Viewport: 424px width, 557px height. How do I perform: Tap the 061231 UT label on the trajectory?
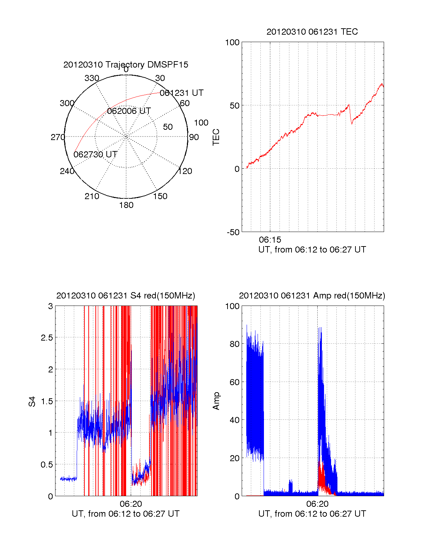click(x=182, y=93)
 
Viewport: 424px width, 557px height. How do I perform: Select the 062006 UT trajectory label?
click(x=129, y=111)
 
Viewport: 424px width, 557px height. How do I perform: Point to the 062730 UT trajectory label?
click(x=95, y=155)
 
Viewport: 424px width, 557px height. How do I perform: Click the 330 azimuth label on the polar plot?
click(x=92, y=78)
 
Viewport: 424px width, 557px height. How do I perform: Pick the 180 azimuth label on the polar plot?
click(x=126, y=205)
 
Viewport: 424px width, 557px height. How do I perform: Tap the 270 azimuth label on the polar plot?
click(x=58, y=137)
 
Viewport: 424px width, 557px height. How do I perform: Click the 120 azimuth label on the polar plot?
click(x=185, y=172)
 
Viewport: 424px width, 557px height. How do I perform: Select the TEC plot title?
click(x=312, y=32)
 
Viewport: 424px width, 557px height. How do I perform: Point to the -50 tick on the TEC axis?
click(x=233, y=232)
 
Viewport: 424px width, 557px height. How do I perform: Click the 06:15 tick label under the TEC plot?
click(x=270, y=240)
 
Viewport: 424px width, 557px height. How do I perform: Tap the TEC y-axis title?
click(x=216, y=137)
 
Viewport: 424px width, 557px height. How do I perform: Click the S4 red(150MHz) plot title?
click(x=126, y=296)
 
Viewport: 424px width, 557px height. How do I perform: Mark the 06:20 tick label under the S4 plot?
click(x=131, y=504)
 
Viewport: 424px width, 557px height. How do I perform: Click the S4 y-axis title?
click(x=32, y=401)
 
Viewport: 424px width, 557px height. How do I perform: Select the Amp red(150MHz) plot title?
click(x=312, y=296)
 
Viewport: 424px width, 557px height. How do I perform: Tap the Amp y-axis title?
click(x=216, y=401)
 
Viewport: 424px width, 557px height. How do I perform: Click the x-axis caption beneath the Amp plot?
click(x=312, y=514)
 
